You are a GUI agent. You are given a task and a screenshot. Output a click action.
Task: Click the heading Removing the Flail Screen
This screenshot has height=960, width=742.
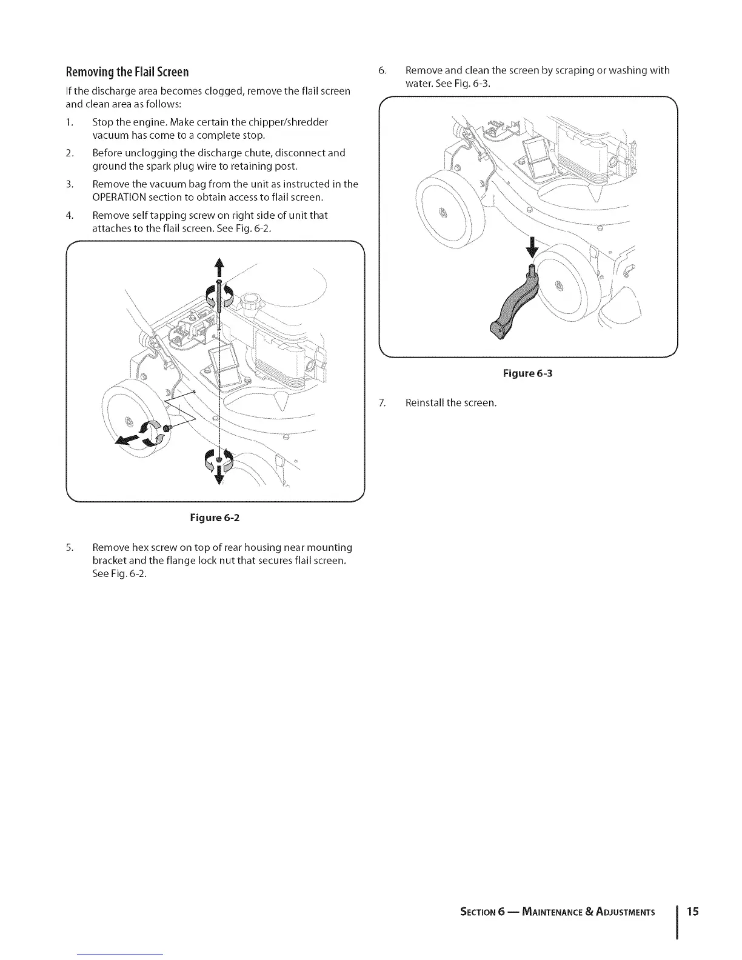coord(127,72)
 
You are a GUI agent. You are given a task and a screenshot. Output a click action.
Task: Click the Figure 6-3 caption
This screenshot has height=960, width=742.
coord(527,373)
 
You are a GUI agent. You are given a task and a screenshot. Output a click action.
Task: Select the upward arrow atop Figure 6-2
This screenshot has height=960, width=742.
coord(219,267)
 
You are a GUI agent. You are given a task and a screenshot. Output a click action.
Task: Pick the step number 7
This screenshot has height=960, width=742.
coord(381,402)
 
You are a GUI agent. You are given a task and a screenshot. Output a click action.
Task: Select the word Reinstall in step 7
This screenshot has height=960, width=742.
coord(424,402)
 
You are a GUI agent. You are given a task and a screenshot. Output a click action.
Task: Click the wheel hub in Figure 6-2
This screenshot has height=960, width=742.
coord(128,421)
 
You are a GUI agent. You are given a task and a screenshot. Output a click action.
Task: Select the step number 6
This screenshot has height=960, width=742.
coord(381,70)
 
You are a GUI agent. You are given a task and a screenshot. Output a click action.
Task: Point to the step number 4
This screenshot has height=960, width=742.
coord(69,215)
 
